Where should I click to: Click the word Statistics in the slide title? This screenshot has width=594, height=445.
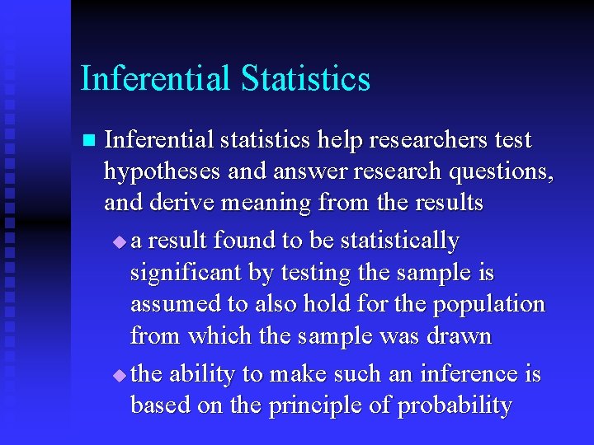click(306, 79)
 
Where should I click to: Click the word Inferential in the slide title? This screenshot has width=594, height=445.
click(156, 79)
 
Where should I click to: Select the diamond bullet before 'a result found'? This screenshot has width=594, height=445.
click(120, 242)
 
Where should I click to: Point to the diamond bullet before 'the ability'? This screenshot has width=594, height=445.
click(120, 376)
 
